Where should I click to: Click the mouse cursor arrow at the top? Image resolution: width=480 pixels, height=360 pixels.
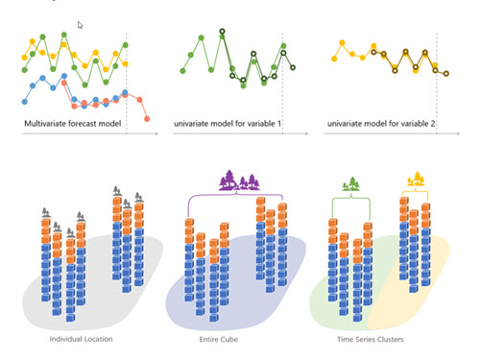[x=81, y=25]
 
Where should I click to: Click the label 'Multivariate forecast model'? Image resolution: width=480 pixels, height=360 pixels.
[x=78, y=125]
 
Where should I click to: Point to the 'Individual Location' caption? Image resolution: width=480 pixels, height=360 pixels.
[x=83, y=339]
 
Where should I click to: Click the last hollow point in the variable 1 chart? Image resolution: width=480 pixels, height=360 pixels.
[x=293, y=68]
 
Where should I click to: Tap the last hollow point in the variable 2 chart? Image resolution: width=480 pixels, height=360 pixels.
[x=446, y=74]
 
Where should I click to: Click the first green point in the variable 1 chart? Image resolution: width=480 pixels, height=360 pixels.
[x=184, y=71]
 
